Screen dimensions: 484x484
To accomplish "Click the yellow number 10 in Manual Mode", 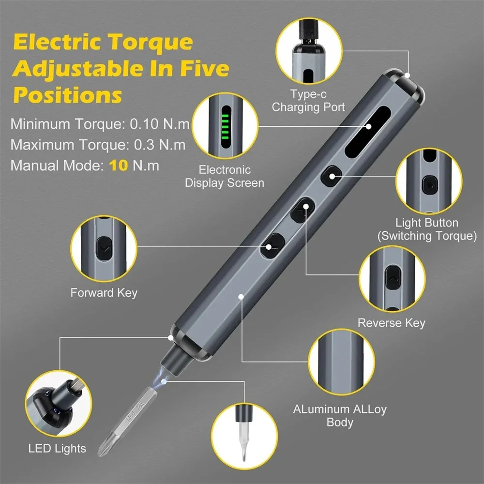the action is pyautogui.click(x=119, y=166).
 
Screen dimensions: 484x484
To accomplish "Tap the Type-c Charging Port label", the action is pyautogui.click(x=308, y=101).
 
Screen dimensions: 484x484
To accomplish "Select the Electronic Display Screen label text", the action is pyautogui.click(x=225, y=176).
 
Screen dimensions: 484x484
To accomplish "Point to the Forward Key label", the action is pyautogui.click(x=104, y=293).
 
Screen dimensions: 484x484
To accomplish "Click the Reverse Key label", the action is pyautogui.click(x=392, y=323).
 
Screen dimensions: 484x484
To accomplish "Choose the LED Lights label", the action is pyautogui.click(x=57, y=449).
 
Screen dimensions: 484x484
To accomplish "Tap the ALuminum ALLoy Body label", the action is pyautogui.click(x=340, y=415).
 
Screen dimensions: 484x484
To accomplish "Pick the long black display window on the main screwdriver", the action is pyautogui.click(x=368, y=132).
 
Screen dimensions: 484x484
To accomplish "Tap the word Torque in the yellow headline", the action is pyautogui.click(x=151, y=42).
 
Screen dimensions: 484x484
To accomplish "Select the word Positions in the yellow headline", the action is pyautogui.click(x=68, y=95).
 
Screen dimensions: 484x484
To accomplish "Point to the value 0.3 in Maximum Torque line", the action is pyautogui.click(x=144, y=145).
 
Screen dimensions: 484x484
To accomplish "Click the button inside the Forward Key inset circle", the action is pyautogui.click(x=104, y=249).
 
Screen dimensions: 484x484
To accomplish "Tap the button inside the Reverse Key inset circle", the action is pyautogui.click(x=393, y=277).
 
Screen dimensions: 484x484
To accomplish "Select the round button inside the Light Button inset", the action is pyautogui.click(x=430, y=185).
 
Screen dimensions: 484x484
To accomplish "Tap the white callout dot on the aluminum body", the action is pyautogui.click(x=241, y=297).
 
